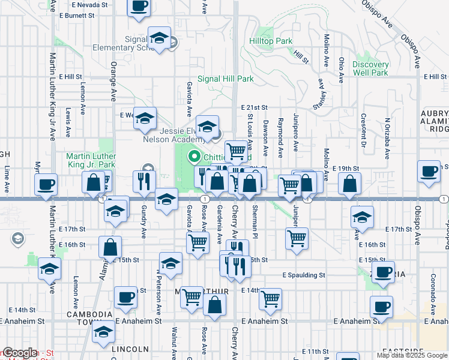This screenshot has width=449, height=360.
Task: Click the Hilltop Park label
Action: pyautogui.click(x=271, y=41)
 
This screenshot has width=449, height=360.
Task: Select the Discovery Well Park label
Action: pyautogui.click(x=370, y=68)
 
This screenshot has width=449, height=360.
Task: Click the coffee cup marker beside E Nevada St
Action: pyautogui.click(x=138, y=7)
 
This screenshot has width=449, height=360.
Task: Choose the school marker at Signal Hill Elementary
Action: pyautogui.click(x=159, y=40)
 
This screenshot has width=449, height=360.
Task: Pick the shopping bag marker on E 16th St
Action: pyautogui.click(x=110, y=246)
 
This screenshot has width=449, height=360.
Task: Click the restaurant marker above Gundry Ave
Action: pyautogui.click(x=144, y=181)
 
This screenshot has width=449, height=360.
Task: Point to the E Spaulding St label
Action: pyautogui.click(x=304, y=275)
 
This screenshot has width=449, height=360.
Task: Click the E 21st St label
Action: pyautogui.click(x=255, y=107)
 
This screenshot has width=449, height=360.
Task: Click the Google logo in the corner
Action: pyautogui.click(x=20, y=353)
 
